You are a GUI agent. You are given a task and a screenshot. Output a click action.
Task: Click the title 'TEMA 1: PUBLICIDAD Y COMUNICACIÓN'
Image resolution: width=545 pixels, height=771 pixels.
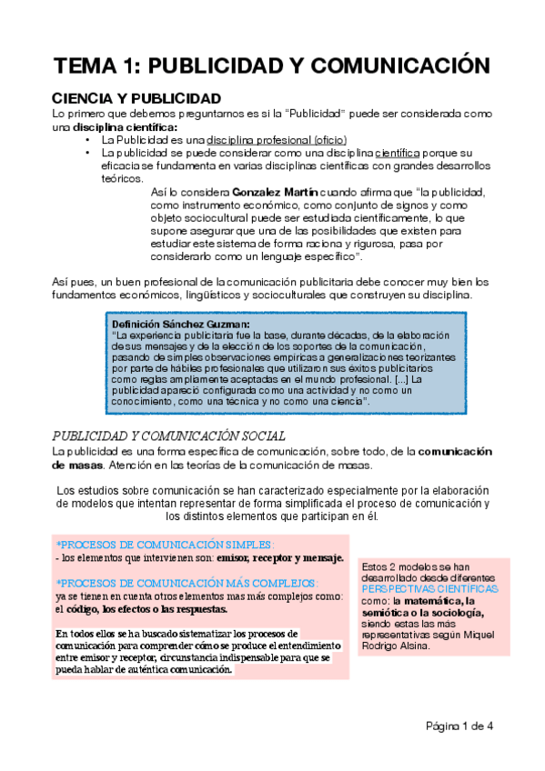(x=272, y=65)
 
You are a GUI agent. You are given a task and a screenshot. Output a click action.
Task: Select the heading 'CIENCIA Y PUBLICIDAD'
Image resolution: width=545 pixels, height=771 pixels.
(x=136, y=97)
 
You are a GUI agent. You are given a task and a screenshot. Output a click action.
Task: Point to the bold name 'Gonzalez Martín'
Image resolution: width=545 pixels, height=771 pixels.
(x=276, y=193)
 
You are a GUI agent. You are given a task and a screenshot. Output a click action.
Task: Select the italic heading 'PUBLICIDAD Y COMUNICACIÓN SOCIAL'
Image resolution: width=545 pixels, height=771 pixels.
(x=168, y=436)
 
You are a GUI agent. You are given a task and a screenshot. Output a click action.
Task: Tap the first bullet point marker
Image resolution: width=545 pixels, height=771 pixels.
(x=86, y=142)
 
